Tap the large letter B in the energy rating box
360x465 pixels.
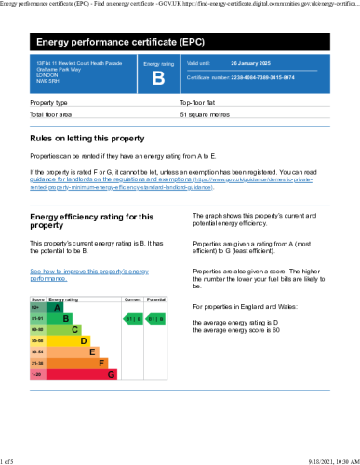(157, 77)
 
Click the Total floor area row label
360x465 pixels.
(52, 114)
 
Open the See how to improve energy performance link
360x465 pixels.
(89, 273)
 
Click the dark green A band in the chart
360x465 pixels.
(55, 307)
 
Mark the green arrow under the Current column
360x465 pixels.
(133, 318)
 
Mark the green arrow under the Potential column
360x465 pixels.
(156, 318)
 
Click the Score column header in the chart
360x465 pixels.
(37, 299)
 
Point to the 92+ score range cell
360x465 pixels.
(36, 307)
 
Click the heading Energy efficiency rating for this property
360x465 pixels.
(92, 220)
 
